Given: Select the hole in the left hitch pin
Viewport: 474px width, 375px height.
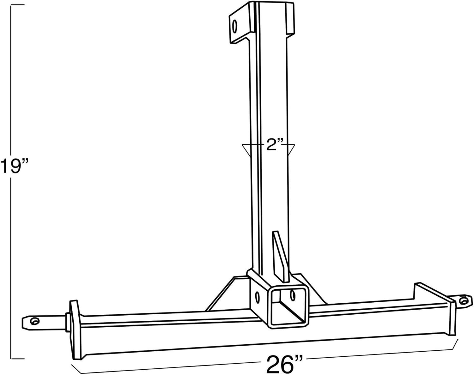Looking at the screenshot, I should pos(34,321).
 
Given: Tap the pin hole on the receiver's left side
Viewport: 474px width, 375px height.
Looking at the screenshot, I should pos(257,297).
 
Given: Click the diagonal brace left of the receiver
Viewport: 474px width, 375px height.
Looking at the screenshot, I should pos(224,292).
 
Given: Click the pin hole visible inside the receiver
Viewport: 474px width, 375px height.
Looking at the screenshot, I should pos(293,294).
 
